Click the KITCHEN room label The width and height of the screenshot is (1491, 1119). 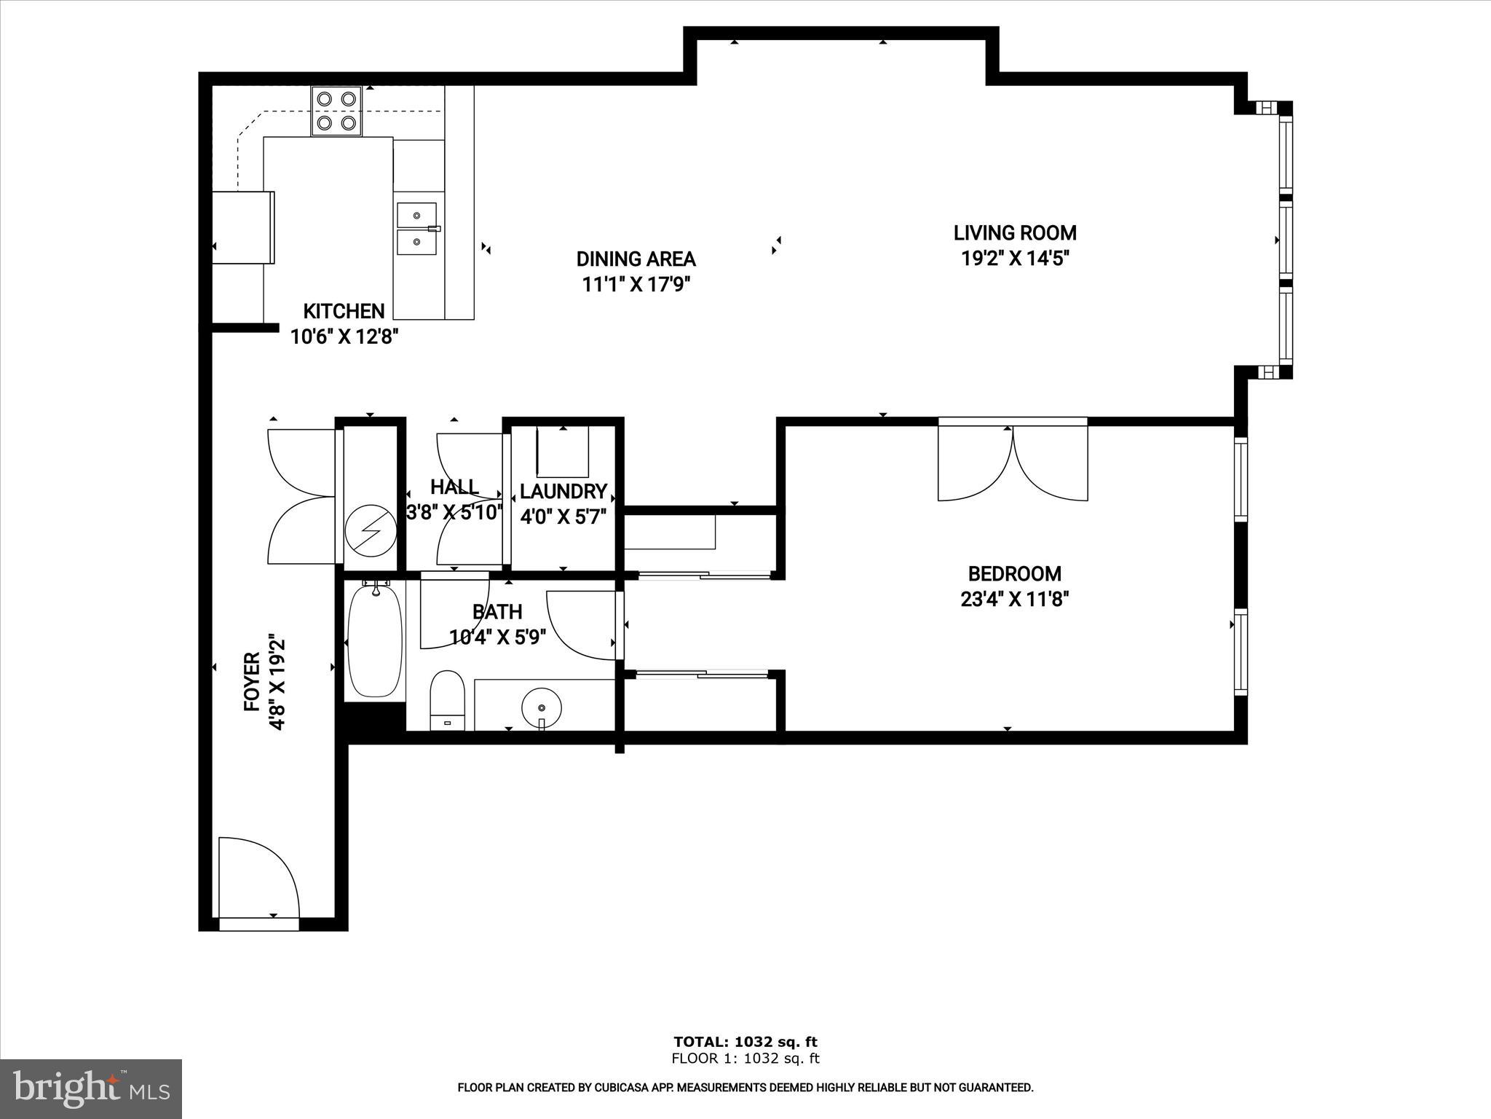[344, 311]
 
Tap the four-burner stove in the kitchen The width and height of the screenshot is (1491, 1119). [336, 111]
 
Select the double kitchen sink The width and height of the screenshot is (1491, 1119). [416, 229]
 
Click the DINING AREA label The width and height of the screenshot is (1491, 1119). [636, 259]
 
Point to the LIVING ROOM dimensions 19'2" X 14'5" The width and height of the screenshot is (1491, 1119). [1015, 259]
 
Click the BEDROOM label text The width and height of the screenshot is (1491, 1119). [1014, 573]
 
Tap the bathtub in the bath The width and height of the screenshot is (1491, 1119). [375, 642]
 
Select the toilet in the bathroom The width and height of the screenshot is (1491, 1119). [447, 699]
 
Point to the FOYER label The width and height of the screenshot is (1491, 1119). [252, 682]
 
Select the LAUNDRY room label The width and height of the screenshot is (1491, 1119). [563, 491]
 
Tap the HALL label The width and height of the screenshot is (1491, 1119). [454, 487]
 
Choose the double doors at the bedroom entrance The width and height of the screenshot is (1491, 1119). [1013, 462]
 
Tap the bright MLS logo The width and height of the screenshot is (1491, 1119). [91, 1088]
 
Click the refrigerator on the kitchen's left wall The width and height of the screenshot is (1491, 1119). [243, 227]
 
